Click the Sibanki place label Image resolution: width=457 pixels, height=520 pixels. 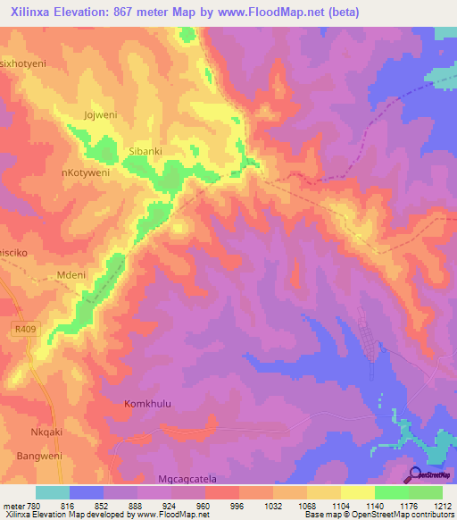tap(146, 152)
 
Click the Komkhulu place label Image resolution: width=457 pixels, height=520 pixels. tap(147, 403)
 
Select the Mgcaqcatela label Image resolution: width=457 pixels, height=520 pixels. tap(194, 479)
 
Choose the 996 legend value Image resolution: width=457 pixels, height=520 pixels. tap(238, 506)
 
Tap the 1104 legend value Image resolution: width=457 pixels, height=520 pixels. tap(340, 506)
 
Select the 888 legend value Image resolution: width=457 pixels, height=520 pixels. tap(137, 506)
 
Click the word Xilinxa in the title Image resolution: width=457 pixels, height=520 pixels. tap(35, 10)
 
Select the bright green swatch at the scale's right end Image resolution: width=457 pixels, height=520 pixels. tap(426, 492)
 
